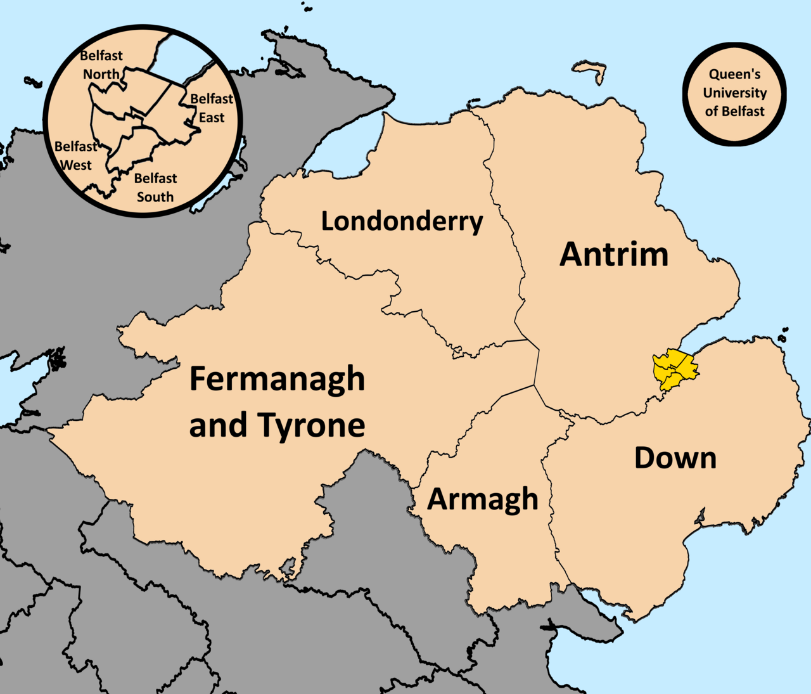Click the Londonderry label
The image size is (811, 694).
click(402, 221)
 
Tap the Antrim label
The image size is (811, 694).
click(614, 254)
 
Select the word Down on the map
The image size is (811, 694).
click(675, 458)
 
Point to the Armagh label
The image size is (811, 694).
click(483, 499)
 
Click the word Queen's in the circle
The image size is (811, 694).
click(735, 74)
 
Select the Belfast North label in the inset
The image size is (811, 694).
click(101, 65)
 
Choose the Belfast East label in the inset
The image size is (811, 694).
click(212, 108)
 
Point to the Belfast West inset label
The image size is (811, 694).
click(75, 155)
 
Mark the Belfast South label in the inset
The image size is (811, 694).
click(155, 188)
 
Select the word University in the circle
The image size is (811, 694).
click(735, 93)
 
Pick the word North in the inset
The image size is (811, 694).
click(101, 74)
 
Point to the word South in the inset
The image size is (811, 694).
click(155, 197)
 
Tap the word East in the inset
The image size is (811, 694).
click(212, 118)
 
